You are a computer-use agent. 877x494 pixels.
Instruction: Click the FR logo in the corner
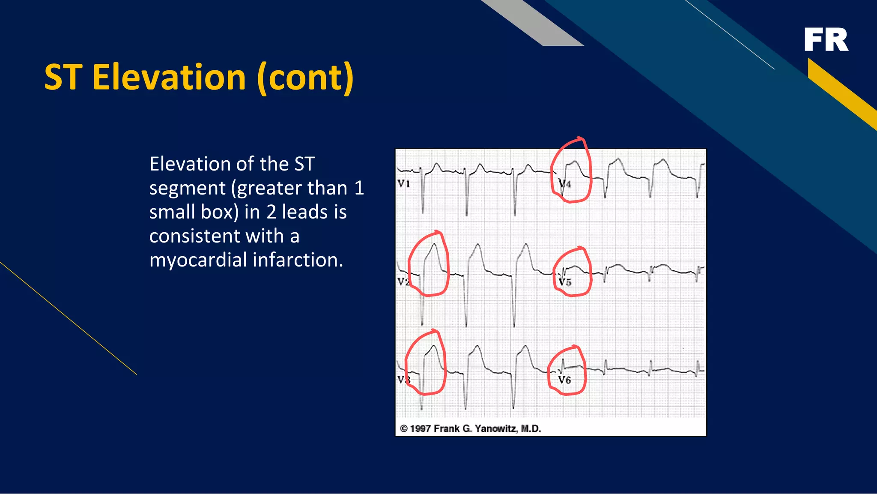click(x=826, y=40)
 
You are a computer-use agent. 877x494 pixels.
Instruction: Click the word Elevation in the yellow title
click(x=169, y=78)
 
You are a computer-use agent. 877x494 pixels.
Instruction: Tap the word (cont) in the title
click(x=305, y=78)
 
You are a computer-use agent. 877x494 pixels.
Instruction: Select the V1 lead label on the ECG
click(x=404, y=184)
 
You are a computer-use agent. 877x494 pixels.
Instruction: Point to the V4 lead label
click(x=565, y=184)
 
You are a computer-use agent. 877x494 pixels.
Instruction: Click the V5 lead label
click(x=565, y=282)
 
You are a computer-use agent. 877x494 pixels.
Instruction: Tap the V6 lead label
click(x=564, y=380)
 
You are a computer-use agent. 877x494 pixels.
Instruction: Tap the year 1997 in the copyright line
click(x=421, y=429)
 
